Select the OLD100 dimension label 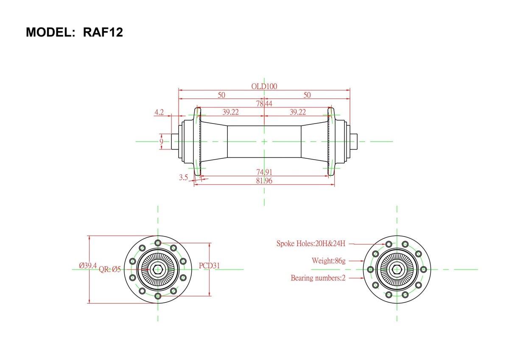coord(264,86)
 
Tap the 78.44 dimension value coord(264,104)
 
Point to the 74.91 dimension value coord(264,172)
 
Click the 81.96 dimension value coord(264,181)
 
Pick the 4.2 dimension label coord(159,112)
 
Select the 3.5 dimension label coord(183,177)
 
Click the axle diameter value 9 coord(161,141)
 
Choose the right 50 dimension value coord(307,95)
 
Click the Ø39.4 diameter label coord(87,266)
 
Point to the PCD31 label coord(209,266)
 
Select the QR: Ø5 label coord(110,269)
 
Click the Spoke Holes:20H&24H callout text coord(311,244)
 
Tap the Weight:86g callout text coord(328,261)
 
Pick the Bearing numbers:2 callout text coord(318,278)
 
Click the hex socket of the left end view coord(158,269)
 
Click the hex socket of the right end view coord(397,269)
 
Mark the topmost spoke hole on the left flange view coord(158,243)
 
